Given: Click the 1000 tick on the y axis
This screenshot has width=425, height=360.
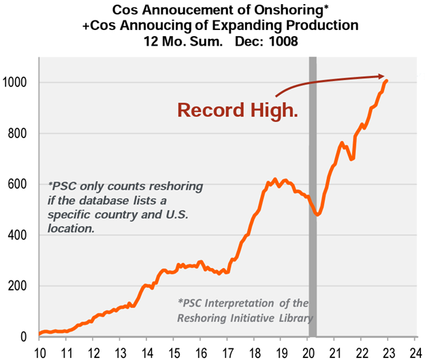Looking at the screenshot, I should pyautogui.click(x=18, y=82).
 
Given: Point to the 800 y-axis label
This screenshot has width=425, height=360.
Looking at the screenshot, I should pyautogui.click(x=20, y=133).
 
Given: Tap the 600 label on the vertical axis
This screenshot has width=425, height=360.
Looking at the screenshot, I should pyautogui.click(x=20, y=184).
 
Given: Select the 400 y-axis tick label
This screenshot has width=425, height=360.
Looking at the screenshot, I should pyautogui.click(x=20, y=235).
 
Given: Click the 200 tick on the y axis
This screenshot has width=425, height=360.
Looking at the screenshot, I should pyautogui.click(x=20, y=287).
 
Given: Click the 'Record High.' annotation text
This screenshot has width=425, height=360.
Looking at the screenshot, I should pyautogui.click(x=238, y=110).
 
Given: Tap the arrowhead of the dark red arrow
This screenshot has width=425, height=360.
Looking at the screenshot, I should pyautogui.click(x=384, y=77).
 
